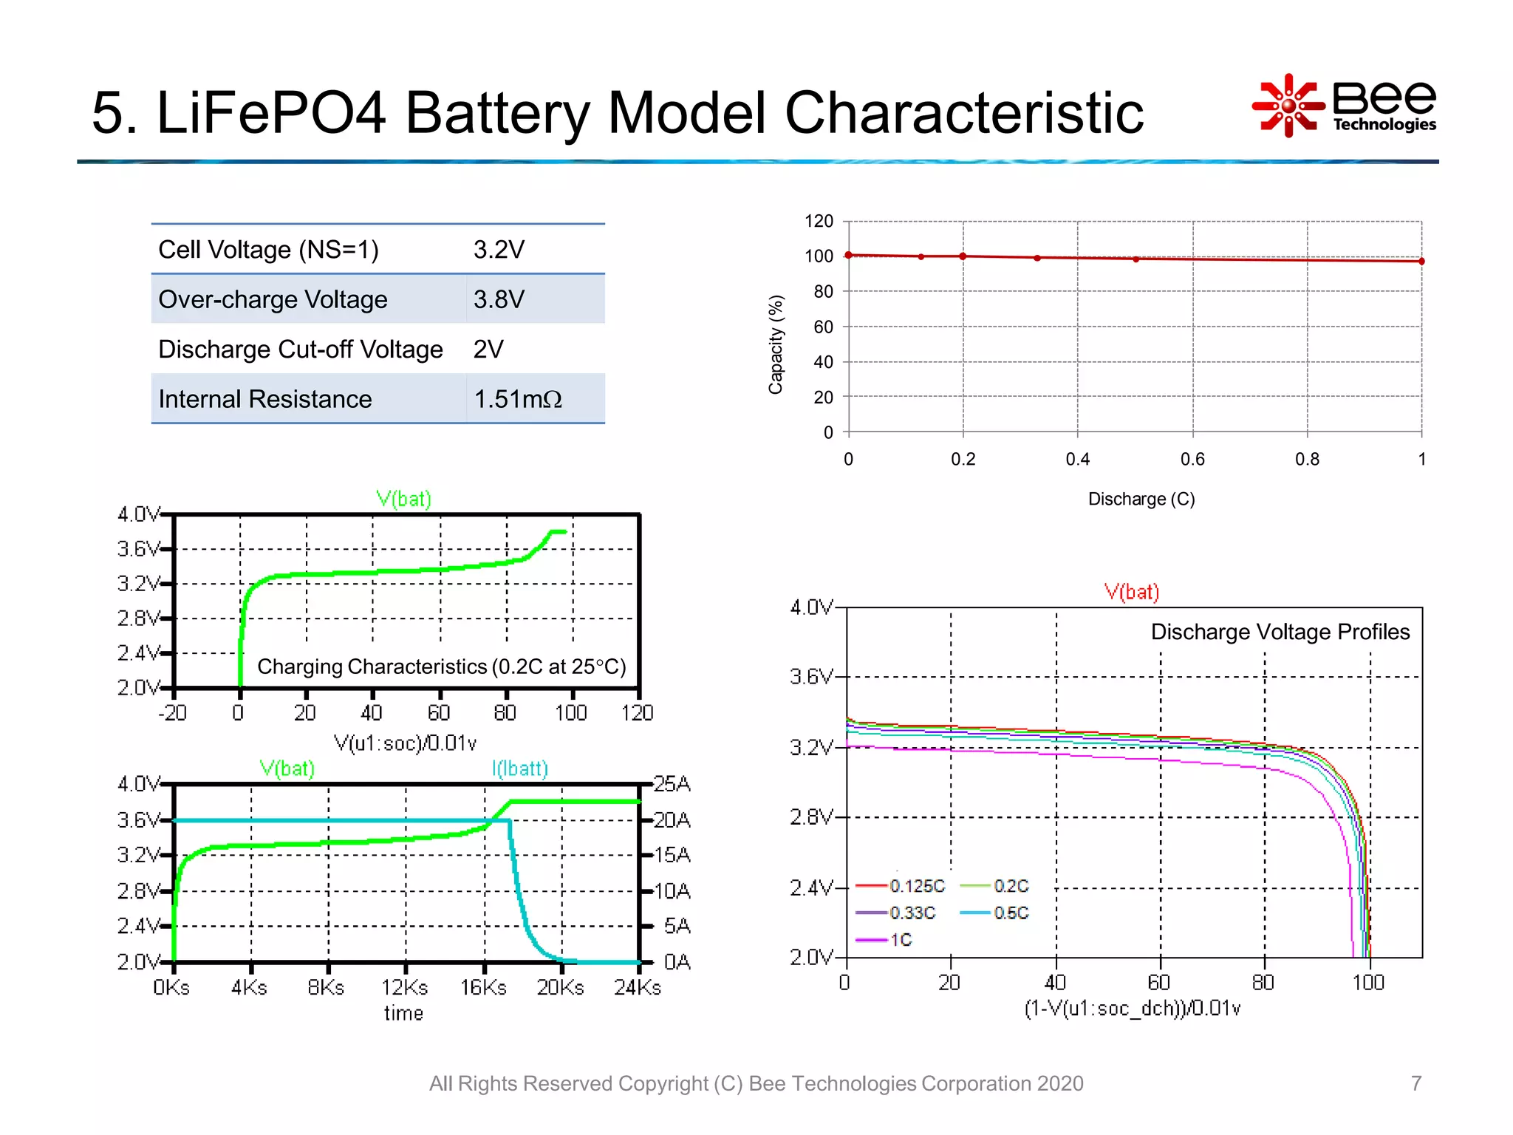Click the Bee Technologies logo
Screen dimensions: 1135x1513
pyautogui.click(x=1344, y=106)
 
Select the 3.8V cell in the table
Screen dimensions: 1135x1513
pyautogui.click(x=499, y=299)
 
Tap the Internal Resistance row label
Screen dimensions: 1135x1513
pyautogui.click(x=264, y=399)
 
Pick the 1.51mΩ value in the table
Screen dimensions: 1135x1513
pyautogui.click(x=518, y=399)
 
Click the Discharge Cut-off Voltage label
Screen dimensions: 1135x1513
pyautogui.click(x=300, y=349)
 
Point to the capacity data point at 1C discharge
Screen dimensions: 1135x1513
pyautogui.click(x=1421, y=261)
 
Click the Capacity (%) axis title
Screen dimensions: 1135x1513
pyautogui.click(x=775, y=344)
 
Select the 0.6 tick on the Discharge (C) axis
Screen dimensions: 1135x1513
pyautogui.click(x=1192, y=459)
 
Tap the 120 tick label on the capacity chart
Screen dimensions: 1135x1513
pyautogui.click(x=819, y=221)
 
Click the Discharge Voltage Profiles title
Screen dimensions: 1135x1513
pyautogui.click(x=1280, y=632)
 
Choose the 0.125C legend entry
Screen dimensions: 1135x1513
pyautogui.click(x=916, y=885)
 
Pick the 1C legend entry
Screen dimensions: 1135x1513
pyautogui.click(x=901, y=940)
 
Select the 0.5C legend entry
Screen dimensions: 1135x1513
pyautogui.click(x=1011, y=913)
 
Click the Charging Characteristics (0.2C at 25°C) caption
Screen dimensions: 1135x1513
pyautogui.click(x=441, y=667)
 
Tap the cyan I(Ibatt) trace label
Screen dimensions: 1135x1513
pyautogui.click(x=519, y=768)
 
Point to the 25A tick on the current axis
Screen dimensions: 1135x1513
pyautogui.click(x=672, y=784)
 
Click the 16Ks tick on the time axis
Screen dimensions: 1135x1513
pyautogui.click(x=483, y=987)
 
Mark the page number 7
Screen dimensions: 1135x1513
pyautogui.click(x=1415, y=1083)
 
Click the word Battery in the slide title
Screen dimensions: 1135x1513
pyautogui.click(x=498, y=112)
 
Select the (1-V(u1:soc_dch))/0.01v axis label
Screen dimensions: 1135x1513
pyautogui.click(x=1133, y=1009)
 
